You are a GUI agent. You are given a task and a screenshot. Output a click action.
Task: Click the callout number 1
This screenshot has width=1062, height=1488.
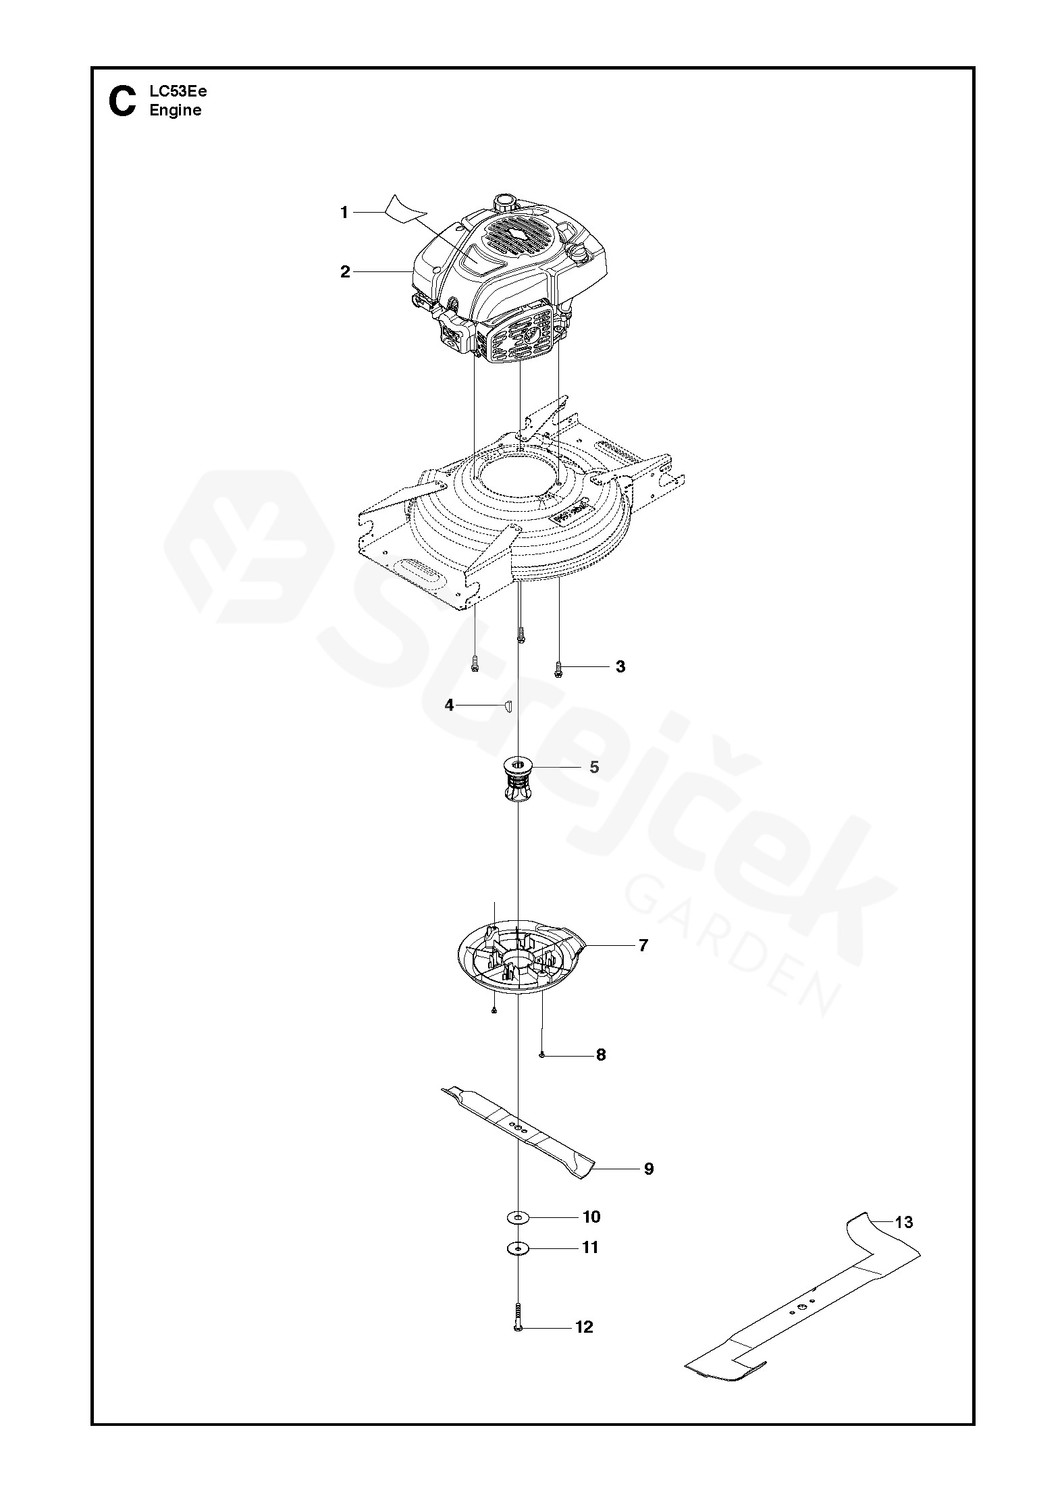coord(344,213)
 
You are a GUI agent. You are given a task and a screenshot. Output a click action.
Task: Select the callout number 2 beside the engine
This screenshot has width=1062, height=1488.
coord(345,272)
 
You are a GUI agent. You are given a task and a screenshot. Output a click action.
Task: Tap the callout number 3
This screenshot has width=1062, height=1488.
coord(620,666)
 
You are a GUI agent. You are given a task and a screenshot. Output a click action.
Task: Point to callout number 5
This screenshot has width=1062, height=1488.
coord(594,767)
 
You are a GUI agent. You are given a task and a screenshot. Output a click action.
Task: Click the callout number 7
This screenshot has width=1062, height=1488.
coord(643,945)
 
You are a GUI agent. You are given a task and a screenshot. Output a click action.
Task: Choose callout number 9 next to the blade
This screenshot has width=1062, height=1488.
coord(648,1169)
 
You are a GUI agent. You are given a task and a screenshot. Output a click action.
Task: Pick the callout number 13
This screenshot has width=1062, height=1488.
coord(903,1222)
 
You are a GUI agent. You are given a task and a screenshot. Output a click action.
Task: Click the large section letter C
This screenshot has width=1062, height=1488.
coord(122,101)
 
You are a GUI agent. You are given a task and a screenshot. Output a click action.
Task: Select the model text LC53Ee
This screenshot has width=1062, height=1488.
coord(178,92)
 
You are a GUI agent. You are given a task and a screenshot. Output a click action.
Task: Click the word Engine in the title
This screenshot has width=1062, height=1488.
coord(176,111)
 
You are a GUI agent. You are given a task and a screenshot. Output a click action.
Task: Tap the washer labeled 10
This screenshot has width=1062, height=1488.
coord(518,1217)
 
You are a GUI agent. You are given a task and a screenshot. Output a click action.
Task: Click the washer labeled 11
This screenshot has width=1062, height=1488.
coord(518,1248)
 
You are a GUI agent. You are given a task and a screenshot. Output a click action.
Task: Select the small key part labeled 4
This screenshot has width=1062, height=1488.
coord(508,706)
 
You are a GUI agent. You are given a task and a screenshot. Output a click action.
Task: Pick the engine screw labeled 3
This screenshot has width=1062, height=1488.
coord(558,668)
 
